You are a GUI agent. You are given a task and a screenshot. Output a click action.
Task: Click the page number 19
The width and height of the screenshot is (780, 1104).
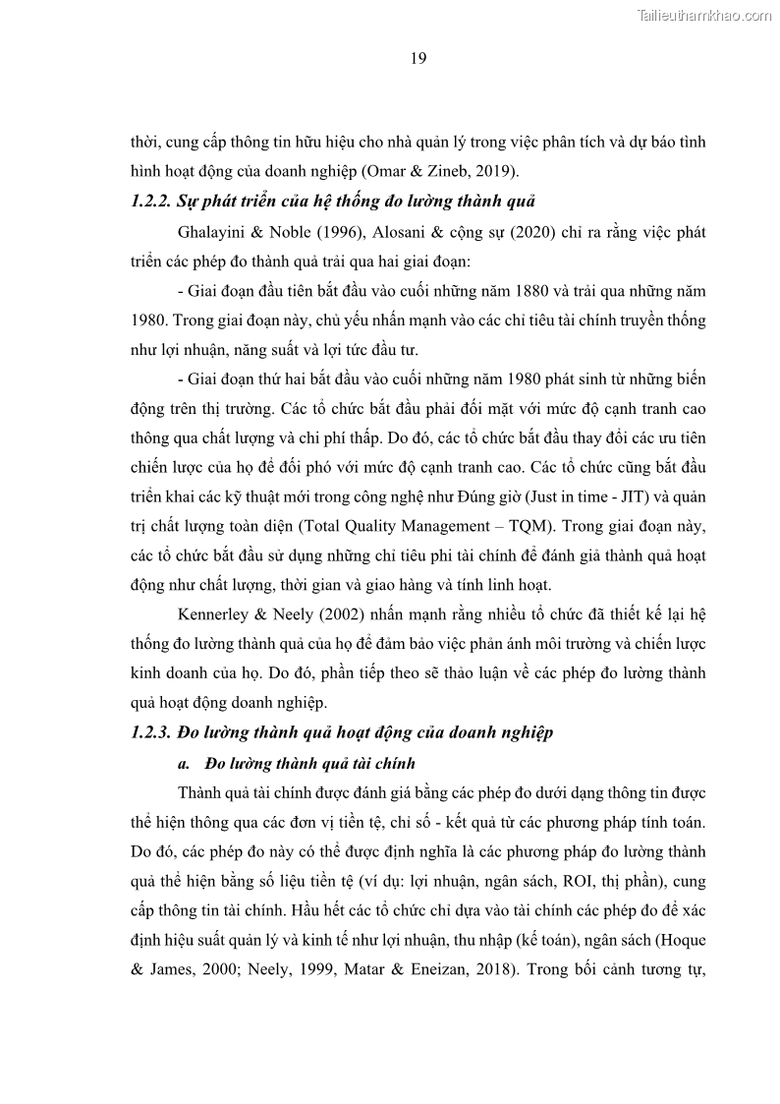pyautogui.click(x=418, y=59)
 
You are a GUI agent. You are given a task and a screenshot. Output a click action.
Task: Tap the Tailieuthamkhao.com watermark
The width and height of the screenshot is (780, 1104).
pyautogui.click(x=704, y=15)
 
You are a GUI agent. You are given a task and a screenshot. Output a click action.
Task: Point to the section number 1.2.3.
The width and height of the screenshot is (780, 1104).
pyautogui.click(x=150, y=732)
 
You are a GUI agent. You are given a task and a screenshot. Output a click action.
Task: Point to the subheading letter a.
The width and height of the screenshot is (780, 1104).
pyautogui.click(x=182, y=763)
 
